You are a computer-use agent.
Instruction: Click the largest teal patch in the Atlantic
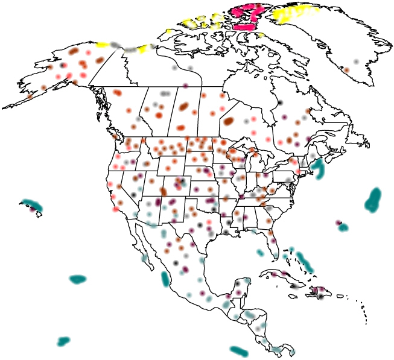[374, 199]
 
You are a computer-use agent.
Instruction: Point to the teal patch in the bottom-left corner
[63, 342]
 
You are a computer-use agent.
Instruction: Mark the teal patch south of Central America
[239, 350]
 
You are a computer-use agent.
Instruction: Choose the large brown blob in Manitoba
[229, 121]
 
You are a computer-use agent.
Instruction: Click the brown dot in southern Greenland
[346, 70]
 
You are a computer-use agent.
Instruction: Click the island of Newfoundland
[352, 134]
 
